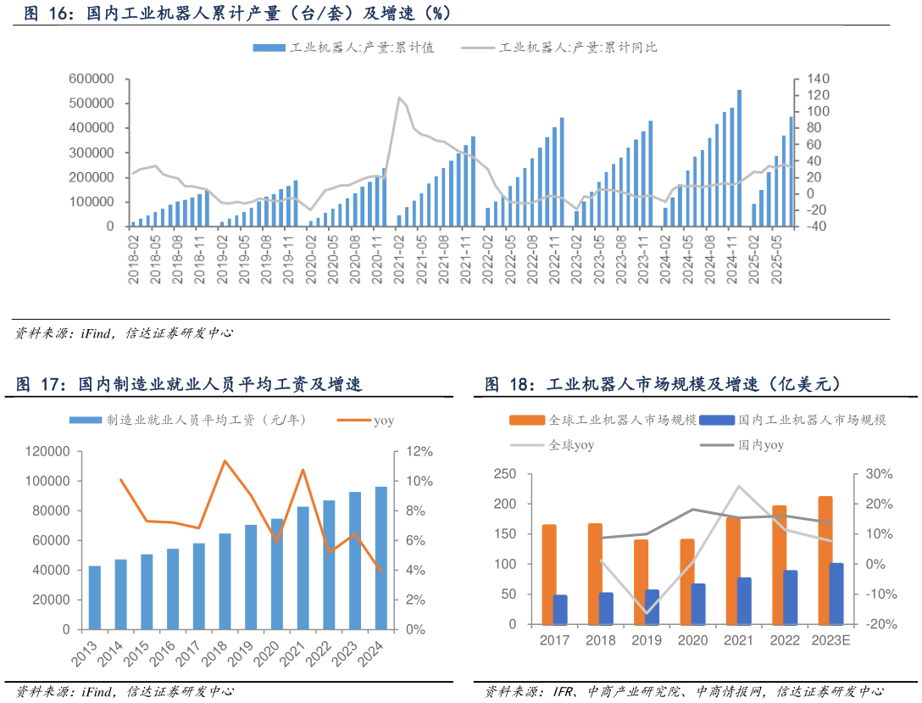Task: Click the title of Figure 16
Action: (x=237, y=13)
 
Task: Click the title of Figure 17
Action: (x=189, y=384)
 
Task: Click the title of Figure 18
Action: (x=663, y=384)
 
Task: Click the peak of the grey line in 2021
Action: (x=399, y=98)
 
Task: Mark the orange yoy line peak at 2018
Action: (x=225, y=460)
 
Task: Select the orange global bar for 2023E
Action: (x=825, y=560)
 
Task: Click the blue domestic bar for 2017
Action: (x=560, y=609)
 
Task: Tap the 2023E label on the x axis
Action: (x=830, y=640)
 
